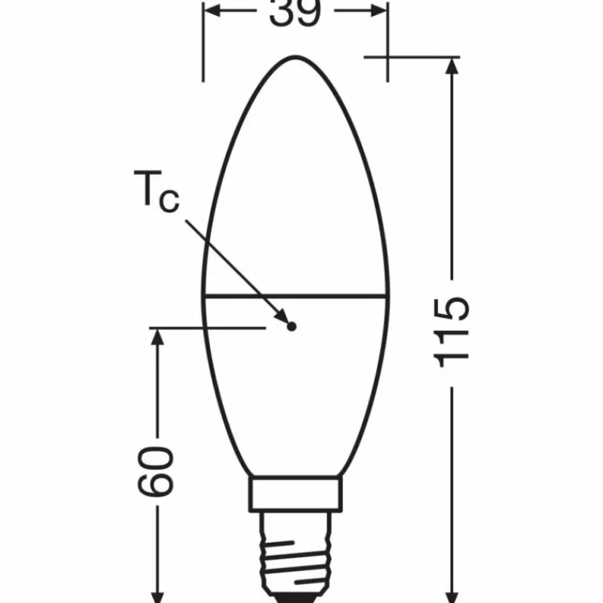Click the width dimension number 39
295,13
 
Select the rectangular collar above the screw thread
295,494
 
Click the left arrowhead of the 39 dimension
213,12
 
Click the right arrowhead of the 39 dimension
378,12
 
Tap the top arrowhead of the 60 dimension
158,338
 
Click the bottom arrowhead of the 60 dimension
158,592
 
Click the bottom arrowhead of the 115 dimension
451,592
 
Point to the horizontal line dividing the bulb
295,295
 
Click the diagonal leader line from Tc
234,260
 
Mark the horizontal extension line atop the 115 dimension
411,57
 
